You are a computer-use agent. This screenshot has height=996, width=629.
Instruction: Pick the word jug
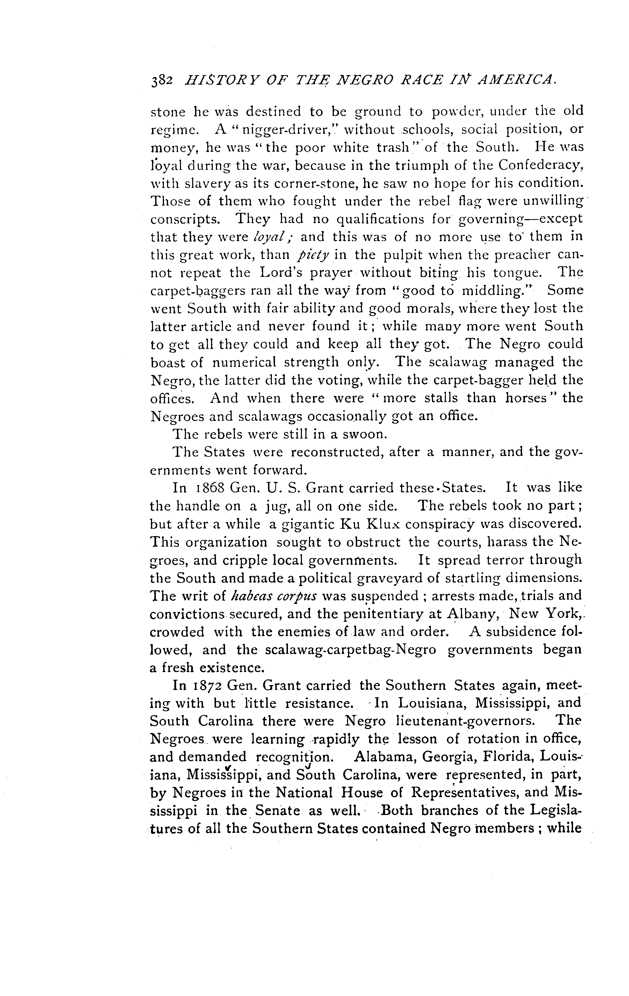273,506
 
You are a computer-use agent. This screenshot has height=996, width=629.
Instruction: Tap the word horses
530,398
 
